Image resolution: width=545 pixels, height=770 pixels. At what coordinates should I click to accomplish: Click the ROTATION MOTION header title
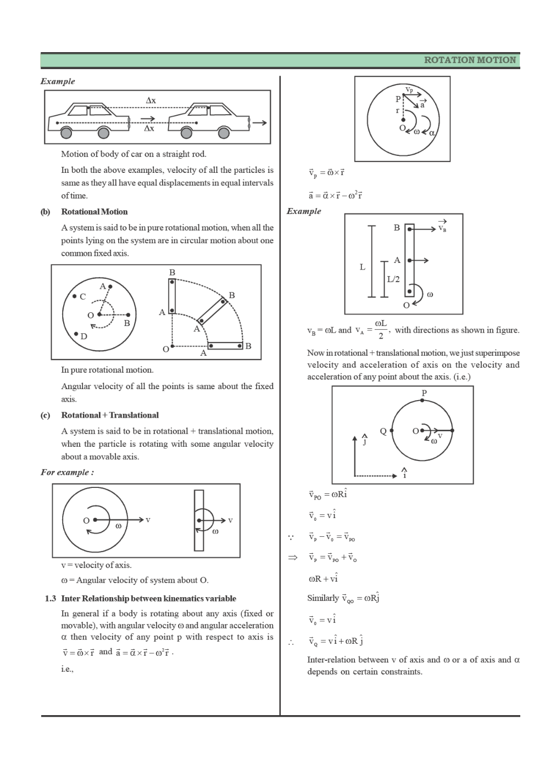[470, 60]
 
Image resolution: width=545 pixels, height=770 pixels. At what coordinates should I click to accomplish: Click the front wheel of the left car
[103, 133]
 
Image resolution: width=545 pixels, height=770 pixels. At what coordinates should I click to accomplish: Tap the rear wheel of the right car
[187, 133]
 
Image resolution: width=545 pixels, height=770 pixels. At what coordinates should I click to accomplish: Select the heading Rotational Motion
[94, 212]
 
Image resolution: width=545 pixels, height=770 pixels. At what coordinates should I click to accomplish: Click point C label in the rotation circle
[82, 296]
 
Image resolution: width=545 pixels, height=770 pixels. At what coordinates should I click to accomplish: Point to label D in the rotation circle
[84, 336]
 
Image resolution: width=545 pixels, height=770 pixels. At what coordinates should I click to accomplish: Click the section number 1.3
[51, 598]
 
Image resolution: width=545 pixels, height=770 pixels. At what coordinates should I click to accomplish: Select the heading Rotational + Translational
[109, 415]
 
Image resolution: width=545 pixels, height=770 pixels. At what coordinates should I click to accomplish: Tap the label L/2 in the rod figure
[393, 279]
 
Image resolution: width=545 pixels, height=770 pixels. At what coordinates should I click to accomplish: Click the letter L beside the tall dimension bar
[362, 267]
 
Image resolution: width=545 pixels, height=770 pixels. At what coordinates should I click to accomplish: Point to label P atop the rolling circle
[424, 393]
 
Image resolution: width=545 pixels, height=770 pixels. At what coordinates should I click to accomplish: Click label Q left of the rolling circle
[383, 431]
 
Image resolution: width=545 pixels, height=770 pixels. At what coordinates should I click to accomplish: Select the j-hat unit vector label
[364, 439]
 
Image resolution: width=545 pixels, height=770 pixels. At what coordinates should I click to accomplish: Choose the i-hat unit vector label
[404, 473]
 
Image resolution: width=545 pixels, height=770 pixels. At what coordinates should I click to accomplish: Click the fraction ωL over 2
[381, 330]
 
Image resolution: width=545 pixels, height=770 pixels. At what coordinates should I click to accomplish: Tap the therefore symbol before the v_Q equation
[291, 642]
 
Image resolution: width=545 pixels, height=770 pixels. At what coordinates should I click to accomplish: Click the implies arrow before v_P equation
[293, 558]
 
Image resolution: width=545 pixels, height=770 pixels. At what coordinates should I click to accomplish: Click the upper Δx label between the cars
[151, 100]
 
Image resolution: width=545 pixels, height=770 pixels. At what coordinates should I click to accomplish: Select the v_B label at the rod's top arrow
[442, 227]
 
